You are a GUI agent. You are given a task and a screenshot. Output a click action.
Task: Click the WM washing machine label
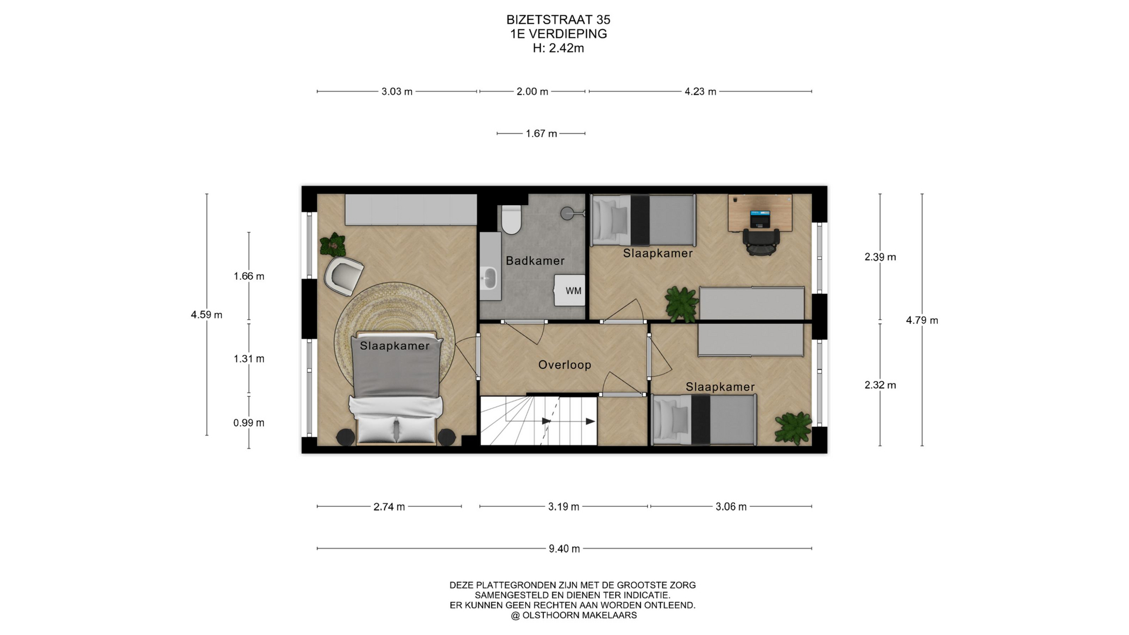tap(573, 291)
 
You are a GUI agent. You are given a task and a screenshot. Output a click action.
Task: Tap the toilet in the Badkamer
tap(511, 219)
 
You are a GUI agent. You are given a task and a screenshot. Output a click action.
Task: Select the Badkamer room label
tap(535, 260)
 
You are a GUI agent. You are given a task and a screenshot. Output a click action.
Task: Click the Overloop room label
tap(564, 365)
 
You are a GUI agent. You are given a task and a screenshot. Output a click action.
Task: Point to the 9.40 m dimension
tap(564, 549)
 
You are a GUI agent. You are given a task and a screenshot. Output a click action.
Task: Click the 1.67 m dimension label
tap(541, 133)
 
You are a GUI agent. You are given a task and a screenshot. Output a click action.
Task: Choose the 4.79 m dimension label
tap(922, 320)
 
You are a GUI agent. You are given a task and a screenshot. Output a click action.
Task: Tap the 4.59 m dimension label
tap(206, 315)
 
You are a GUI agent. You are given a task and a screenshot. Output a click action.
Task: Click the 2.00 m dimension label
tap(532, 92)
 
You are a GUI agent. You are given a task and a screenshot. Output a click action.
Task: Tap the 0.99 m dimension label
tap(249, 423)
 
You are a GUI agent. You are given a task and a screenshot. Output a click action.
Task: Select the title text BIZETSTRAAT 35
tap(558, 20)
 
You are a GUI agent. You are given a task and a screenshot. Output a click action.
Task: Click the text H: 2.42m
tap(558, 48)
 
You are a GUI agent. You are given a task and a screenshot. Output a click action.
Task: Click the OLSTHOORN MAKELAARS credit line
tap(573, 616)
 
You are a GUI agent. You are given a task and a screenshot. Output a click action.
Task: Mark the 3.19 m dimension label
tap(563, 507)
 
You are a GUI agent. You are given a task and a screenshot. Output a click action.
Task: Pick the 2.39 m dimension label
tap(880, 257)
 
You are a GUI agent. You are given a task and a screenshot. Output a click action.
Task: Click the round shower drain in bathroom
tap(567, 213)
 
